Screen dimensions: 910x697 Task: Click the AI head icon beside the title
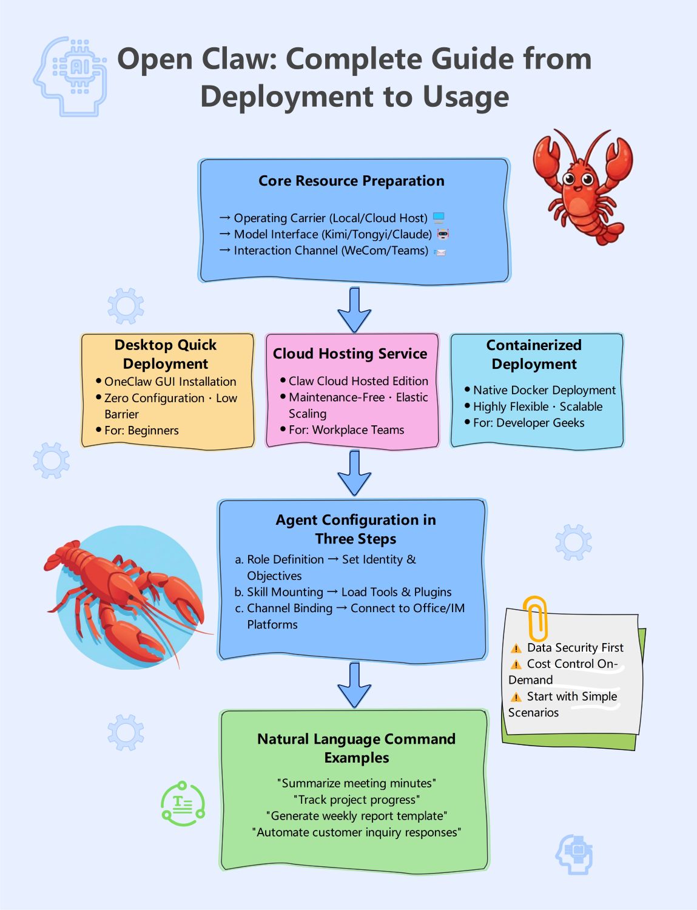(x=70, y=76)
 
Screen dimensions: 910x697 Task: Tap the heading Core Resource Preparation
(x=351, y=181)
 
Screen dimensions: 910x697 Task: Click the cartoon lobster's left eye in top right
(x=569, y=179)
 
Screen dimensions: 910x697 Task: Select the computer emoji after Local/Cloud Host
(x=439, y=218)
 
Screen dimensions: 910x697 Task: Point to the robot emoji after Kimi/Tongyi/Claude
(x=443, y=234)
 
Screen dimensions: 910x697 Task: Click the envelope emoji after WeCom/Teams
(x=440, y=252)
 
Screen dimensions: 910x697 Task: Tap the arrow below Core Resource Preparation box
(x=354, y=309)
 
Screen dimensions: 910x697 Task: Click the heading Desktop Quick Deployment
(x=166, y=354)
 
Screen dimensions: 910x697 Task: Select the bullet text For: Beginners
(x=141, y=431)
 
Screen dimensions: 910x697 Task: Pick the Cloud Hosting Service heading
(x=350, y=354)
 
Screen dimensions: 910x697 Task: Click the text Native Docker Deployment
(x=544, y=390)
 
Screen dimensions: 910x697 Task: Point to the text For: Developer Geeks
(x=528, y=423)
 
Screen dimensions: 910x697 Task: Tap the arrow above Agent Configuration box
(x=354, y=473)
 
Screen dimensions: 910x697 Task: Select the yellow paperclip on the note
(x=536, y=618)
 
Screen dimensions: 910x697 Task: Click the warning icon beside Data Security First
(x=516, y=649)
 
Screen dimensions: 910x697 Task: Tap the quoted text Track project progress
(x=357, y=800)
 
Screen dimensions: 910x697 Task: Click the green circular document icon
(x=183, y=804)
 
